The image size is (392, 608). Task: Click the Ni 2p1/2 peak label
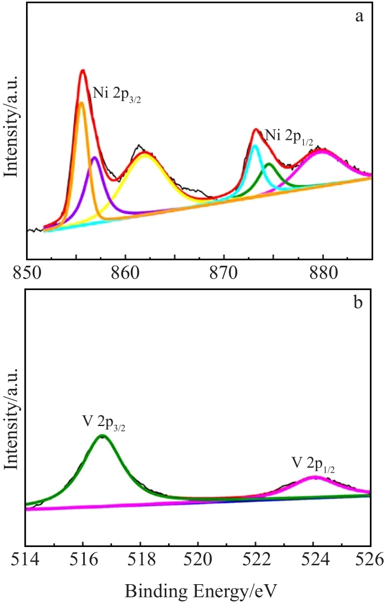[x=289, y=135]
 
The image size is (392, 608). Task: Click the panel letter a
[x=359, y=16]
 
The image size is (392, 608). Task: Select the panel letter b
[x=359, y=303]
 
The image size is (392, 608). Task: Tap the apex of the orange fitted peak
[x=82, y=103]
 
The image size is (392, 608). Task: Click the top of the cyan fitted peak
[x=254, y=146]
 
